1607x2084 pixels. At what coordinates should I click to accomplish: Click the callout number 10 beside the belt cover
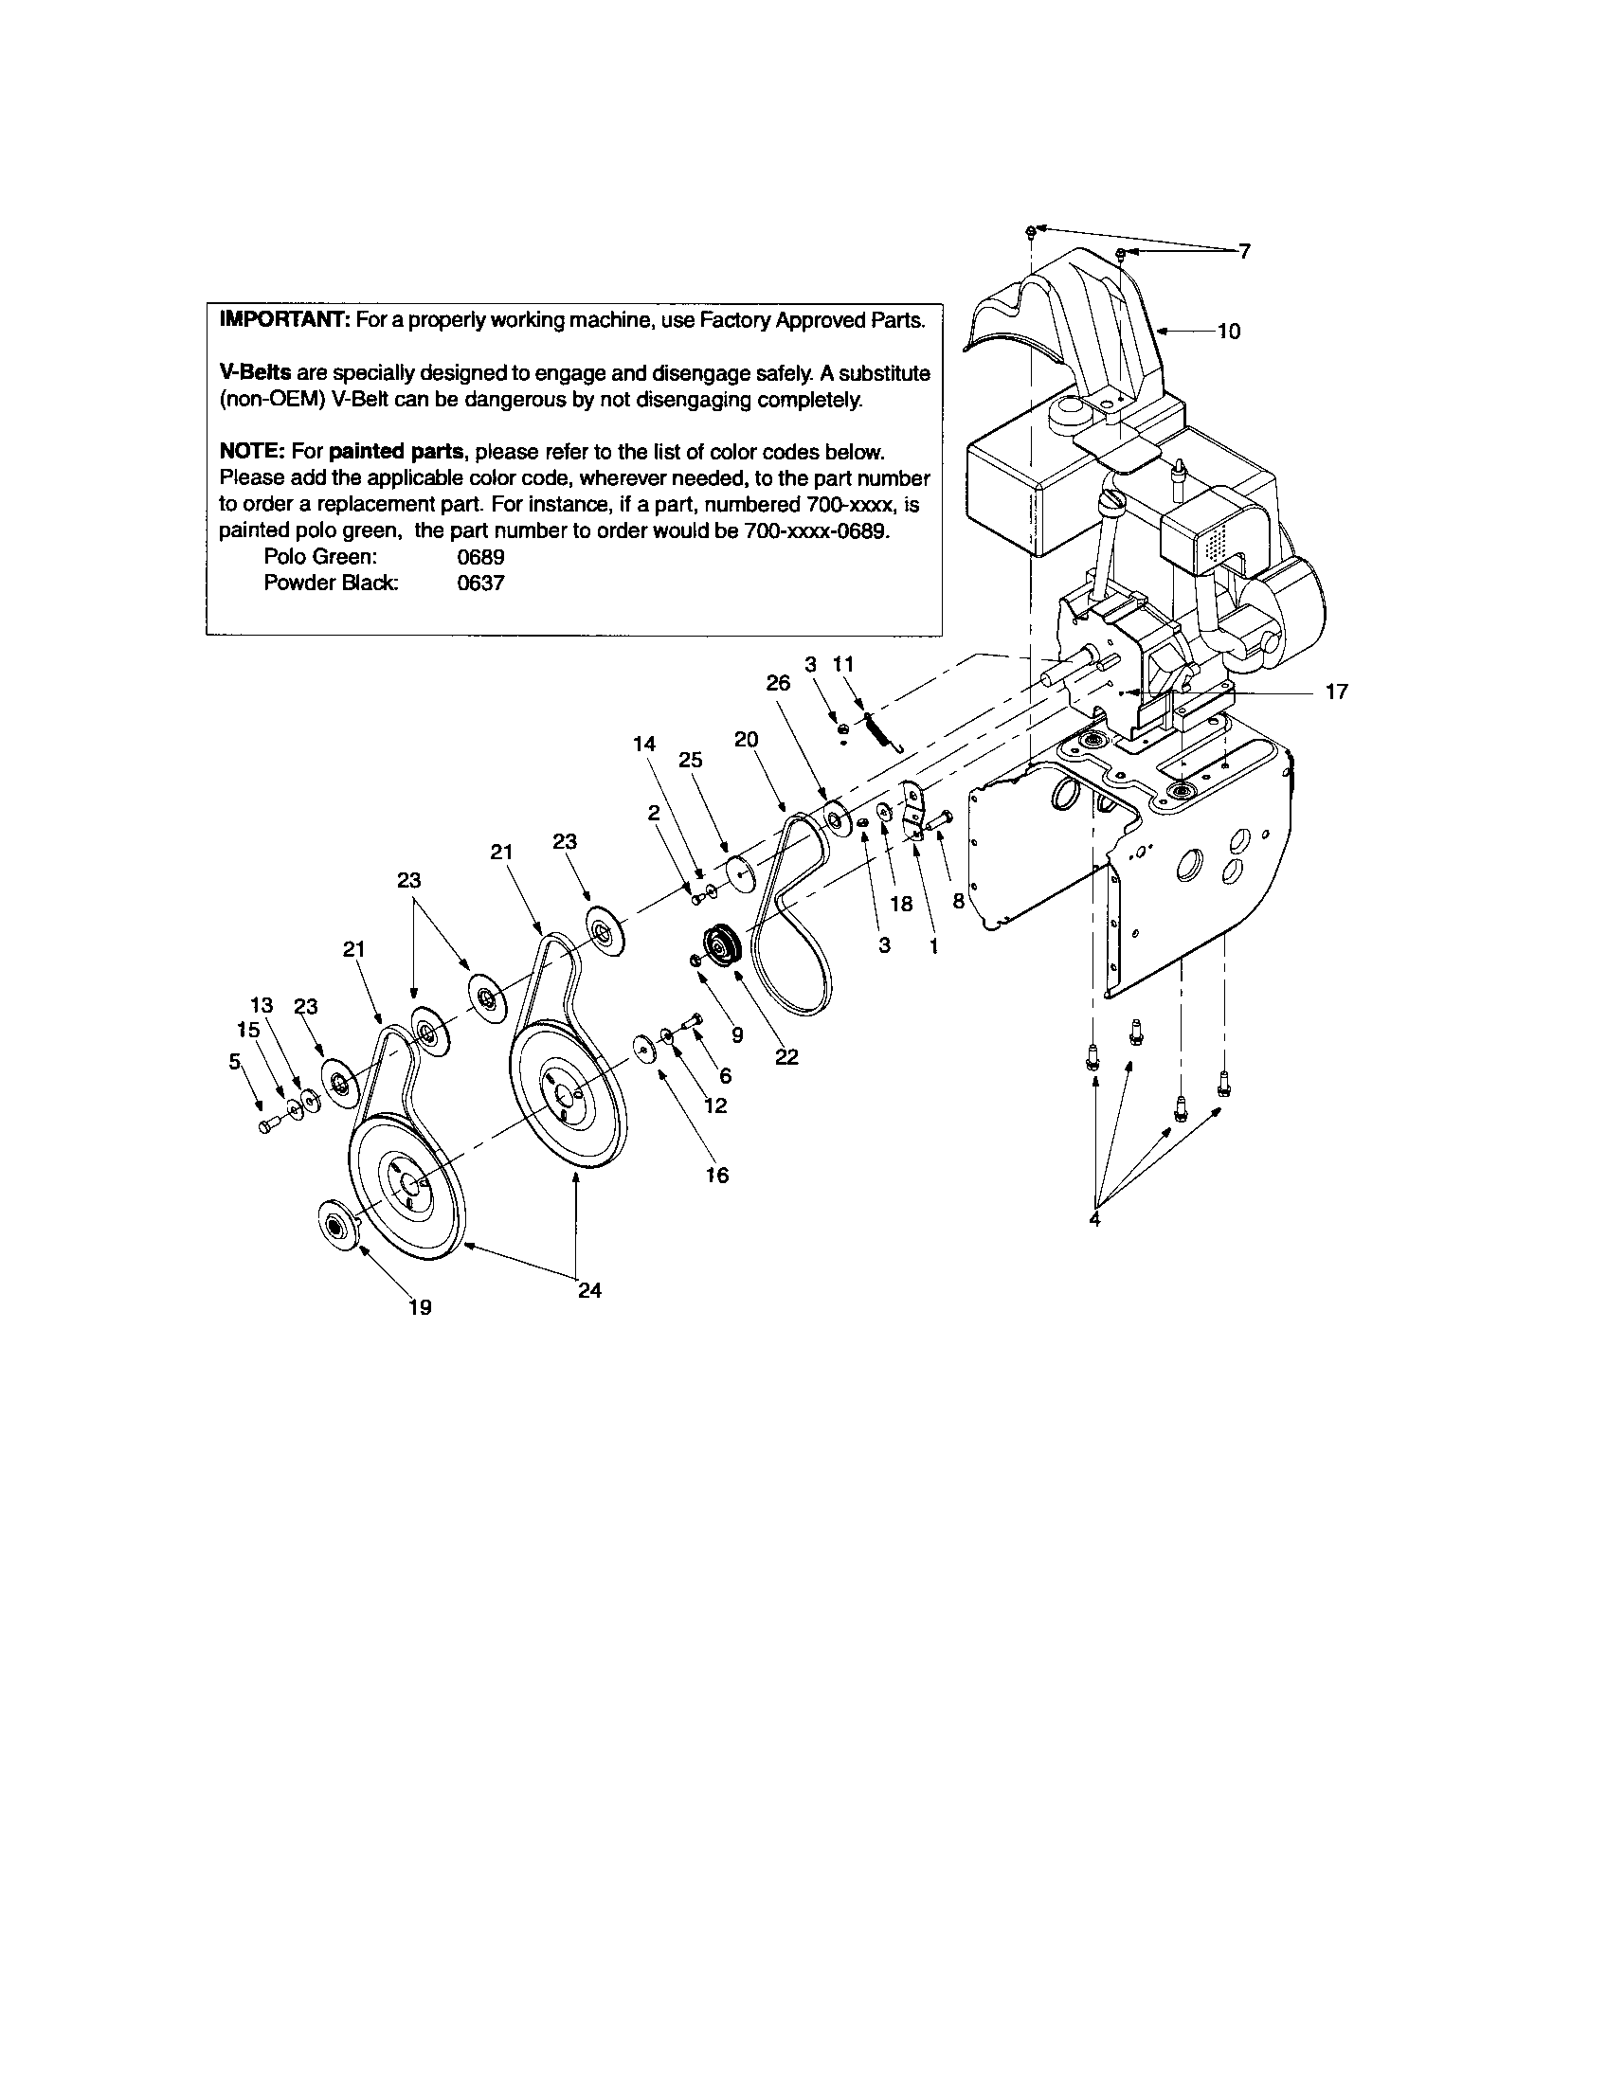click(x=1229, y=332)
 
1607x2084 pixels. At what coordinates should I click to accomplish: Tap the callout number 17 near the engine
click(x=1336, y=692)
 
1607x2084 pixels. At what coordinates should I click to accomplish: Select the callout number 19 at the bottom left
click(x=420, y=1307)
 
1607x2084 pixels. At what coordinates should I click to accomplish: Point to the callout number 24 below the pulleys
click(x=589, y=1290)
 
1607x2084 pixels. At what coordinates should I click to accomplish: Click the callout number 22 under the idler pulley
click(x=786, y=1057)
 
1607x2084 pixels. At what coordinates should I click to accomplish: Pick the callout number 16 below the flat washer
click(x=716, y=1176)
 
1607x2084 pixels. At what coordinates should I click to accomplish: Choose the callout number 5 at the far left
click(x=235, y=1060)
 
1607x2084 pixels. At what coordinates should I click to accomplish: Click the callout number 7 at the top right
click(x=1244, y=251)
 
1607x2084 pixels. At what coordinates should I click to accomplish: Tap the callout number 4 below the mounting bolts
click(x=1094, y=1218)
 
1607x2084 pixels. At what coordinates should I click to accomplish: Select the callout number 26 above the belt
click(x=779, y=683)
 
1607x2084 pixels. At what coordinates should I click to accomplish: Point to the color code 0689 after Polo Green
click(x=480, y=557)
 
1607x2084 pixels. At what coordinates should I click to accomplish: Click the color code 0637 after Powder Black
click(x=480, y=583)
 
